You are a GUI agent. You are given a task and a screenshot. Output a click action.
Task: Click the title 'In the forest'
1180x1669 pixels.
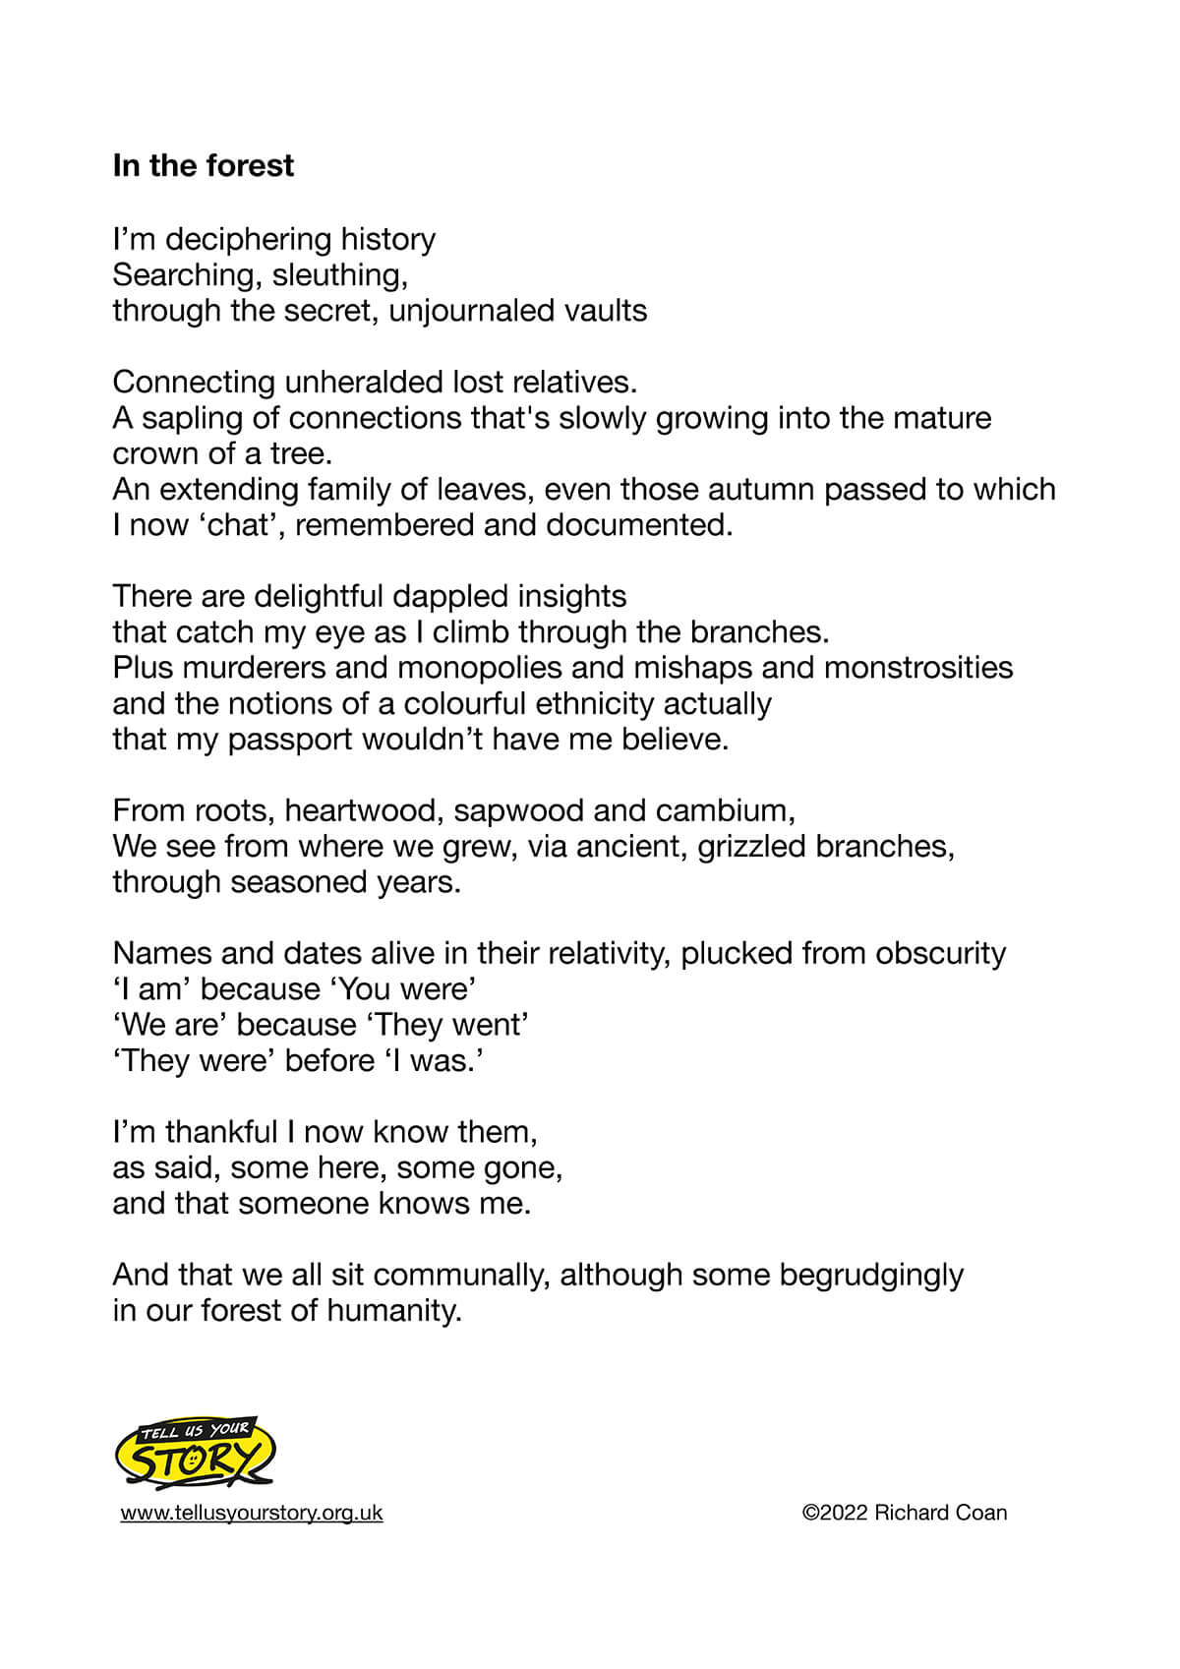click(203, 165)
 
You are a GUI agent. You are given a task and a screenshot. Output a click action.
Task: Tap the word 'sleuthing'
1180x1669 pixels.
click(339, 274)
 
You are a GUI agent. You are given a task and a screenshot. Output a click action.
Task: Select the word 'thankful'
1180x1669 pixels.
click(221, 1132)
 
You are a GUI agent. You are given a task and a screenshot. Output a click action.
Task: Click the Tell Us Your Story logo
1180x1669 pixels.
click(195, 1454)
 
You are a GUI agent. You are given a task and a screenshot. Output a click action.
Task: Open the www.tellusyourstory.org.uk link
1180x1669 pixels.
click(252, 1513)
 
